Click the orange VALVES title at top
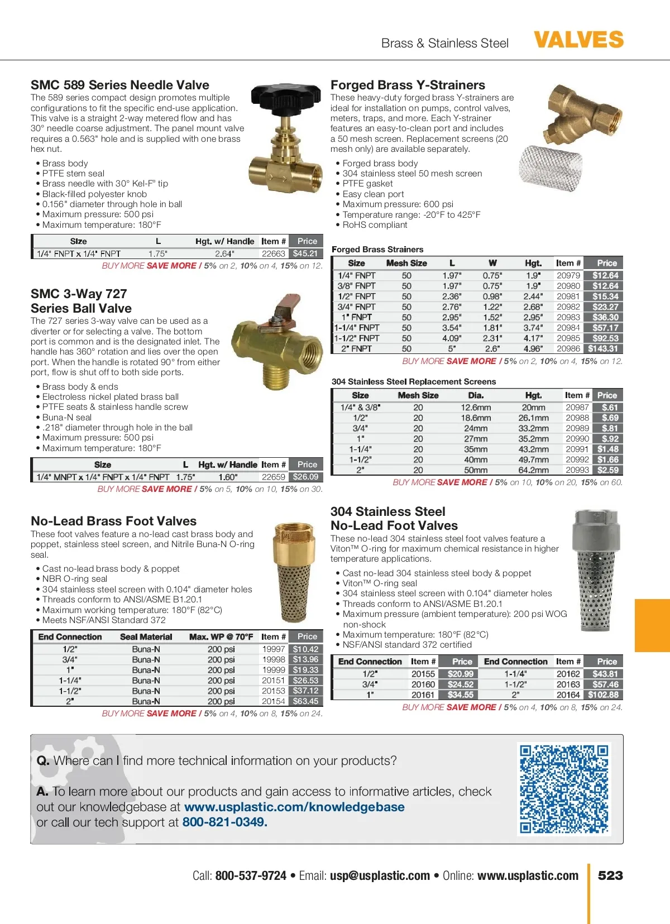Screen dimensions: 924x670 [x=578, y=40]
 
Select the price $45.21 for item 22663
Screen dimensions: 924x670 [x=305, y=253]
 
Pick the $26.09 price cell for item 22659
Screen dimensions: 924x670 [x=305, y=477]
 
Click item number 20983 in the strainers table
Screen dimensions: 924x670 [x=568, y=317]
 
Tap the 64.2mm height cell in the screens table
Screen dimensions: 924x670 [x=533, y=470]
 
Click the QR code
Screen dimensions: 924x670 [x=564, y=788]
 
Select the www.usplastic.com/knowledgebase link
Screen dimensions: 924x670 [x=294, y=807]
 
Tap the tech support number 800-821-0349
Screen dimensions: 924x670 [x=224, y=822]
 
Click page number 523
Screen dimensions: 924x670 [x=610, y=875]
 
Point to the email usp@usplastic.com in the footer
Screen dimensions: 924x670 [x=380, y=875]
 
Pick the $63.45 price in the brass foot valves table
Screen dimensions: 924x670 [x=305, y=701]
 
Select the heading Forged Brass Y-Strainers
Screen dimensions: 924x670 [x=408, y=85]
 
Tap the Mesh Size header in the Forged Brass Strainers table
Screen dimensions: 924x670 [x=406, y=263]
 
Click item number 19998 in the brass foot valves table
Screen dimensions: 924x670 [x=274, y=659]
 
